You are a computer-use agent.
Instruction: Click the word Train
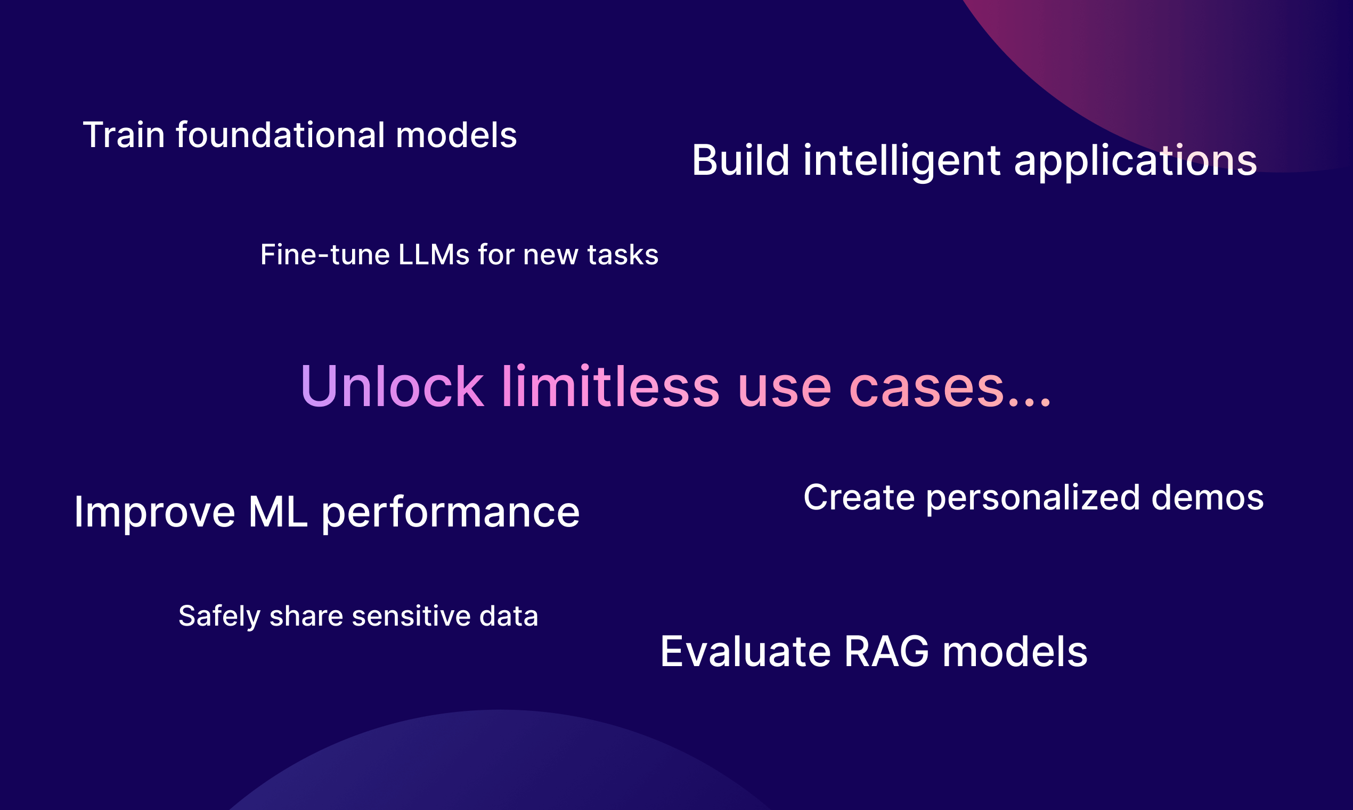pos(124,135)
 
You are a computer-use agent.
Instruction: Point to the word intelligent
pos(902,162)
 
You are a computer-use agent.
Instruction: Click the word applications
pos(1135,162)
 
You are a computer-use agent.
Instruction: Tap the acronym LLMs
pos(434,254)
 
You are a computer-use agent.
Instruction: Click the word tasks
pos(623,255)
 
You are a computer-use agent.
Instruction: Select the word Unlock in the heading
pos(392,386)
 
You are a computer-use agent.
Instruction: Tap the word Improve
pos(155,513)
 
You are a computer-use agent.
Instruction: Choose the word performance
pos(451,513)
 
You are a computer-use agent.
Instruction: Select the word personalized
pos(1033,499)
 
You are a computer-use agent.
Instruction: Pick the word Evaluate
pos(746,652)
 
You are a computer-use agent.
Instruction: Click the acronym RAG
pos(887,652)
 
